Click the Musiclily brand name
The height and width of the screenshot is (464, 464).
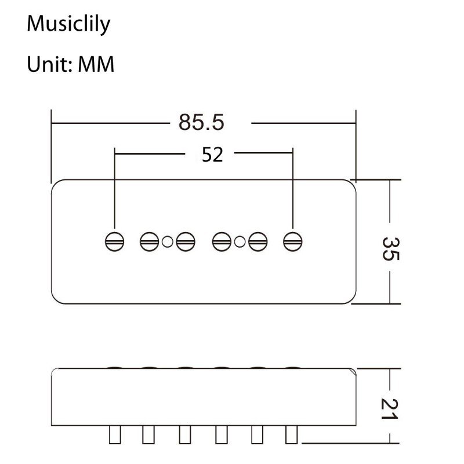(x=68, y=24)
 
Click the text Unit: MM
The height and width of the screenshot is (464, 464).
(x=71, y=64)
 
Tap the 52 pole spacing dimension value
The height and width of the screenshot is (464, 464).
(x=212, y=154)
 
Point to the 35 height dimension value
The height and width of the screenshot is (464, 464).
(x=390, y=248)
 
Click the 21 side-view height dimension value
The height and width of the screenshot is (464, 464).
(x=390, y=408)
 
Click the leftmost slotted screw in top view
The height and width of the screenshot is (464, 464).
(x=114, y=241)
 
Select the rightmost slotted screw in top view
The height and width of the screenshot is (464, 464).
(x=293, y=241)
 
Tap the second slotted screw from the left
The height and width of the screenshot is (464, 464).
(x=149, y=241)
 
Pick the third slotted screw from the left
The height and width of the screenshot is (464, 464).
(x=185, y=241)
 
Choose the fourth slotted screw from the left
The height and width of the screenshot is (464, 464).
(x=222, y=241)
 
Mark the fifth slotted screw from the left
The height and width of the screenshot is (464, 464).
(x=258, y=241)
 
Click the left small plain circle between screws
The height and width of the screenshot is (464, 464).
(x=167, y=242)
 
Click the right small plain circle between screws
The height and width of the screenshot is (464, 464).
(x=240, y=242)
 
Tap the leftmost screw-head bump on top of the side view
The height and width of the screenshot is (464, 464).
(x=115, y=368)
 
